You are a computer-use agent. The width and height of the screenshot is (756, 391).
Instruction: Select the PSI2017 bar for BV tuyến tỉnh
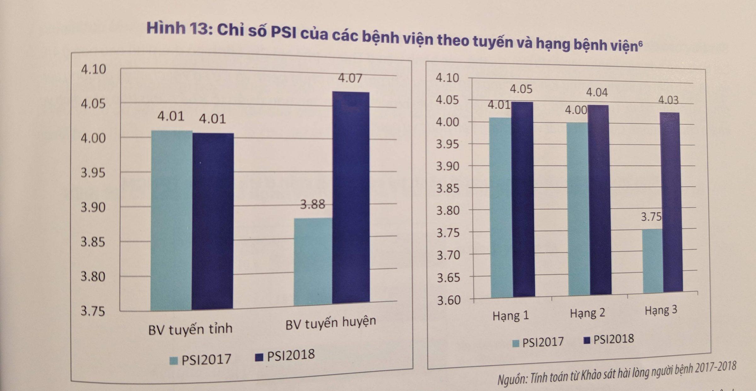pyautogui.click(x=171, y=220)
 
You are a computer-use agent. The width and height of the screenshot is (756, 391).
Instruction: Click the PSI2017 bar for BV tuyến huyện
pyautogui.click(x=313, y=261)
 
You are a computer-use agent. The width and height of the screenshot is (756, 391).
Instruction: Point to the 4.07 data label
pyautogui.click(x=350, y=78)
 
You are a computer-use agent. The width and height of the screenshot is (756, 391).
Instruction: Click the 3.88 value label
pyautogui.click(x=312, y=204)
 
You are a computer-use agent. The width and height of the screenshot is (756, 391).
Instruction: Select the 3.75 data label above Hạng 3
pyautogui.click(x=651, y=217)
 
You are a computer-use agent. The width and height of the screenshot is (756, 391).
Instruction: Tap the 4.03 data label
pyautogui.click(x=668, y=100)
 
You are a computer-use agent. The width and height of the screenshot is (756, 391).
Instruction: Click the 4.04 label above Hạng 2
pyautogui.click(x=597, y=92)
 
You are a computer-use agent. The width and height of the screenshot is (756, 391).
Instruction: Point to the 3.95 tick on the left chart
pyautogui.click(x=93, y=173)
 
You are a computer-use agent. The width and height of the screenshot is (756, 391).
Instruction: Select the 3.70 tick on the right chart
pyautogui.click(x=448, y=255)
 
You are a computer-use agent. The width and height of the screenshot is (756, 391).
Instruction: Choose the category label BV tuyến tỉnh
pyautogui.click(x=190, y=329)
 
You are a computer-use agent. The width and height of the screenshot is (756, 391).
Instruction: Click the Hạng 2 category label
pyautogui.click(x=587, y=313)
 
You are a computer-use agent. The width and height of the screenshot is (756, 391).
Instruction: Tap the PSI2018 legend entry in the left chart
pyautogui.click(x=285, y=356)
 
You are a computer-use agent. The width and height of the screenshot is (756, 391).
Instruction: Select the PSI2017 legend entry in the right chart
pyautogui.click(x=538, y=342)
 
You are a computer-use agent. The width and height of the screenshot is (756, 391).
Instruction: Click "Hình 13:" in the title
pyautogui.click(x=180, y=29)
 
